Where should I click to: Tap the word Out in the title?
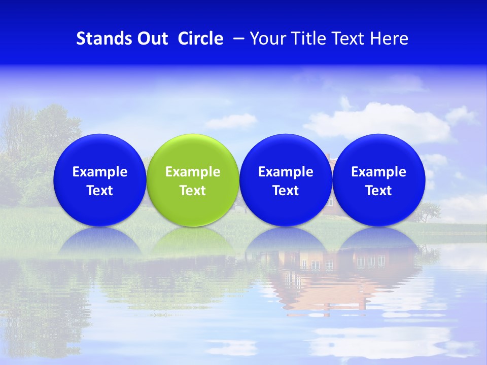pos(151,39)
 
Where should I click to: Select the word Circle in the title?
pos(200,39)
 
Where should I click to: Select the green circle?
pos(193,180)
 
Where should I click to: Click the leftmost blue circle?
pos(100,180)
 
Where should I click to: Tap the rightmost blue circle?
pos(379,180)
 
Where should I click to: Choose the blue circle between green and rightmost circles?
pos(286,180)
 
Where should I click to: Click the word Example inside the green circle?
pos(193,172)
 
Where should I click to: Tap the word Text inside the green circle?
pos(193,191)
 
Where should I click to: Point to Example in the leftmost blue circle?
pos(100,172)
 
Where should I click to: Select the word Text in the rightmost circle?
pos(379,191)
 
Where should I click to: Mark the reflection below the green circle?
pos(193,242)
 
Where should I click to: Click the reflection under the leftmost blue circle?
pos(100,242)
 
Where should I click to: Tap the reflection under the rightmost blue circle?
pos(379,242)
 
